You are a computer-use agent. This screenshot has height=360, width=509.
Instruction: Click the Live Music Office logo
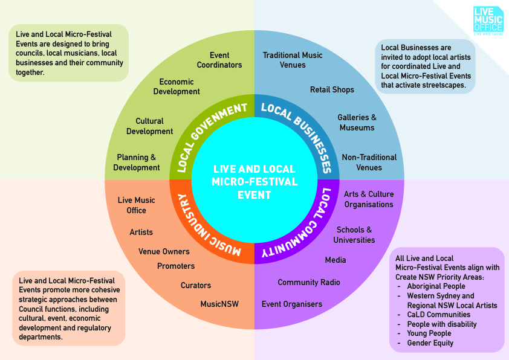tap(488, 21)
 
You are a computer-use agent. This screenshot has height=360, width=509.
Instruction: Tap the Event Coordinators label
tap(219, 60)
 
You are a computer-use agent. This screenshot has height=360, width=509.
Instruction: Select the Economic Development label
tap(177, 86)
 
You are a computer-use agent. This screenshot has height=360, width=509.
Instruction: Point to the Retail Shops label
tap(332, 89)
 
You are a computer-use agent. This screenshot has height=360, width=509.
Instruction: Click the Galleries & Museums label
tap(357, 123)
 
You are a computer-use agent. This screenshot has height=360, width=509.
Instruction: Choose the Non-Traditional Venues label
tap(369, 162)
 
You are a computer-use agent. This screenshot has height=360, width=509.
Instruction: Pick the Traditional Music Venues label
tap(293, 60)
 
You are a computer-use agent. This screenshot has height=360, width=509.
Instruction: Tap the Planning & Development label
tap(137, 162)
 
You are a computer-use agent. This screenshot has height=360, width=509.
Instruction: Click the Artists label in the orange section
tap(141, 232)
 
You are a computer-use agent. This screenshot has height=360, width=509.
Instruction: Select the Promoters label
tap(176, 266)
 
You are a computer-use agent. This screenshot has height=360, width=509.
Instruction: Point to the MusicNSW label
tap(219, 304)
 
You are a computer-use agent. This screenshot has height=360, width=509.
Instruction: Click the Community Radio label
tap(309, 283)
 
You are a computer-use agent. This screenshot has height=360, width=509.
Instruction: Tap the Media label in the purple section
tap(336, 260)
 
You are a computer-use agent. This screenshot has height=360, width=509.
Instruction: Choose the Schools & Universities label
tap(354, 235)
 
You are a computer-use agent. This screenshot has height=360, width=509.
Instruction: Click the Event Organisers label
tap(292, 304)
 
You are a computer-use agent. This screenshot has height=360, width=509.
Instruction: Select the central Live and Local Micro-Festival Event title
tap(254, 182)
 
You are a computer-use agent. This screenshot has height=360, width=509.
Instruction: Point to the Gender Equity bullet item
tap(430, 343)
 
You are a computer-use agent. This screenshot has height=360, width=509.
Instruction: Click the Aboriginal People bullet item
tap(436, 286)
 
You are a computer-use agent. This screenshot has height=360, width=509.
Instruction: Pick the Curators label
tap(196, 286)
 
